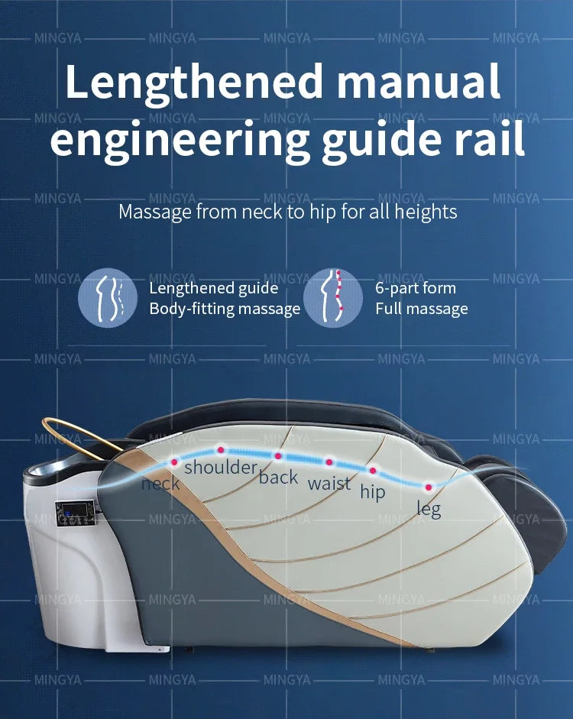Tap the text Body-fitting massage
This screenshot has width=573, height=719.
pyautogui.click(x=225, y=309)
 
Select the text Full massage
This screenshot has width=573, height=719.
pyautogui.click(x=421, y=309)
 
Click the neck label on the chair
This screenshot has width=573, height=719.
pyautogui.click(x=160, y=483)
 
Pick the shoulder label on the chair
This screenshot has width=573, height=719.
pyautogui.click(x=220, y=467)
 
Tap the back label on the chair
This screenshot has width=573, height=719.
pyautogui.click(x=278, y=478)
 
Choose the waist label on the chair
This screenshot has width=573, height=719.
pyautogui.click(x=329, y=483)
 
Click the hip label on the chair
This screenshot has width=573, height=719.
pyautogui.click(x=373, y=492)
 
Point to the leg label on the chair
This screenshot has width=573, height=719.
pyautogui.click(x=429, y=508)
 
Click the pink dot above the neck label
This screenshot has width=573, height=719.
pyautogui.click(x=173, y=462)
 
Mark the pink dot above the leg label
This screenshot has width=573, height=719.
pyautogui.click(x=429, y=487)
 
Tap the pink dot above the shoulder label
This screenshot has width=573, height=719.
pyautogui.click(x=221, y=450)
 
